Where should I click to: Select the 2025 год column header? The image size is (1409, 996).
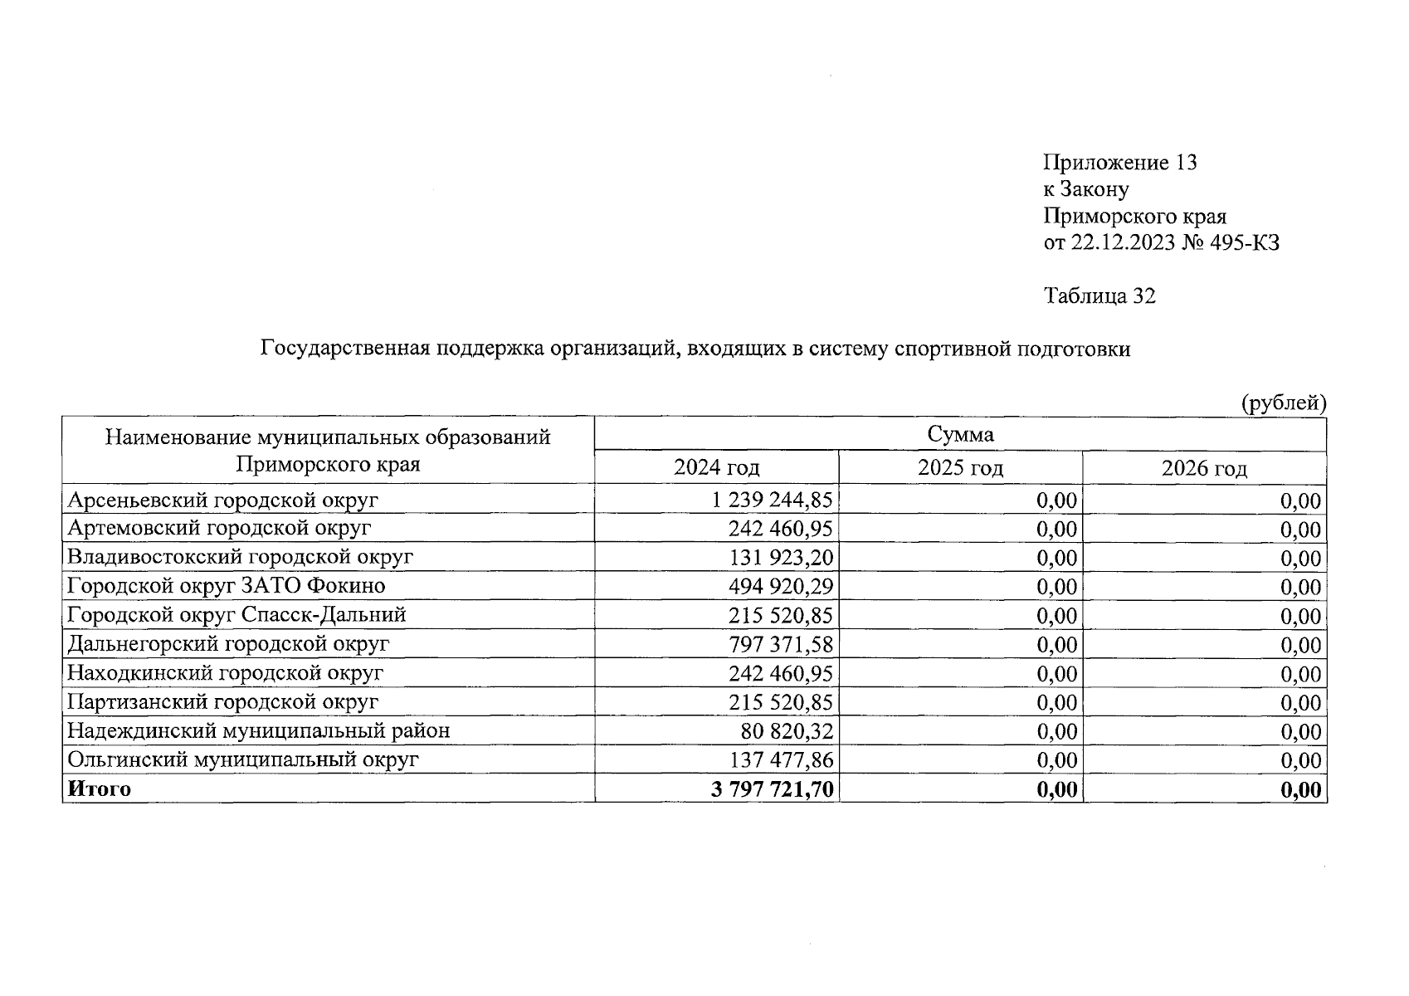coord(960,468)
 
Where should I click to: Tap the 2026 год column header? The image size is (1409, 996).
coord(1203,469)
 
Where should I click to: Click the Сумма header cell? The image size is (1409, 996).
coord(960,434)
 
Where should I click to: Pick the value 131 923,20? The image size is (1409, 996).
coord(780,558)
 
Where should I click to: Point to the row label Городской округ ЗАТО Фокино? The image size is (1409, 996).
coord(226,586)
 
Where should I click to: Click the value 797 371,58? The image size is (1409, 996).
coord(780,644)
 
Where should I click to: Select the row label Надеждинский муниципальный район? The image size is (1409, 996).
coord(258,731)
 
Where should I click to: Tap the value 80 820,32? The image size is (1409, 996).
coord(786,731)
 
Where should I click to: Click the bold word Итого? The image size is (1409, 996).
coord(99,788)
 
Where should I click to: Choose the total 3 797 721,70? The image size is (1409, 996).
coord(772,789)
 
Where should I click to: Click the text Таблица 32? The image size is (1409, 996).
coord(1099,296)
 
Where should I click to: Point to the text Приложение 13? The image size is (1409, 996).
coord(1119,163)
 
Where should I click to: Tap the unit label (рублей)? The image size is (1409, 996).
coord(1283,404)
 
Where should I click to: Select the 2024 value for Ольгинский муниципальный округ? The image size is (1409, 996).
coord(780,760)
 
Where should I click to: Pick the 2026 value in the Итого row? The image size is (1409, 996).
coord(1300,789)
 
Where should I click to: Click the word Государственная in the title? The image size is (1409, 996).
coord(344,349)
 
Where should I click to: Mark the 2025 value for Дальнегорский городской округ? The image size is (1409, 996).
coord(1056,644)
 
